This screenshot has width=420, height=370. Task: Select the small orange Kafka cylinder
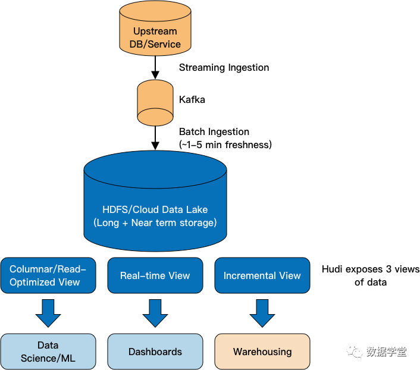pyautogui.click(x=155, y=102)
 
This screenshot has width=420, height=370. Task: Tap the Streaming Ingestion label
pyautogui.click(x=224, y=68)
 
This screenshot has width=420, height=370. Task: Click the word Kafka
pyautogui.click(x=192, y=100)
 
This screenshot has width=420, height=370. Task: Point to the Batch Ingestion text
pyautogui.click(x=214, y=132)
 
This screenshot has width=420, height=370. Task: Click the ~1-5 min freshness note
pyautogui.click(x=225, y=145)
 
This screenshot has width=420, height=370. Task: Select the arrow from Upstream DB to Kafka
pyautogui.click(x=155, y=67)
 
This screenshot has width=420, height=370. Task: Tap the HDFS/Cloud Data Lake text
pyautogui.click(x=155, y=209)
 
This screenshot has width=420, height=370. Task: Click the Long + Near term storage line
pyautogui.click(x=155, y=223)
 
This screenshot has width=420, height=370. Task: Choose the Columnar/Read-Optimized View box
pyautogui.click(x=48, y=275)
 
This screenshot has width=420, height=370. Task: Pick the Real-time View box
pyautogui.click(x=155, y=275)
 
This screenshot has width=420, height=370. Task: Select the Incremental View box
pyautogui.click(x=262, y=275)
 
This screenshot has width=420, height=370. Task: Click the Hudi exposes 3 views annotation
pyautogui.click(x=371, y=275)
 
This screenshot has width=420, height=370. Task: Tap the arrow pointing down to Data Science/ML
pyautogui.click(x=48, y=313)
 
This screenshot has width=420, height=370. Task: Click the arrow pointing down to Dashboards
pyautogui.click(x=155, y=313)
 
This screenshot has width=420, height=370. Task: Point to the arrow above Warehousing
pyautogui.click(x=262, y=313)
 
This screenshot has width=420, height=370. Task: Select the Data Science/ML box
pyautogui.click(x=48, y=352)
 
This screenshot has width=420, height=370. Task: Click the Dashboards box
pyautogui.click(x=155, y=352)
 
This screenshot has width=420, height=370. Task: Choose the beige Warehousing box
pyautogui.click(x=262, y=352)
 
